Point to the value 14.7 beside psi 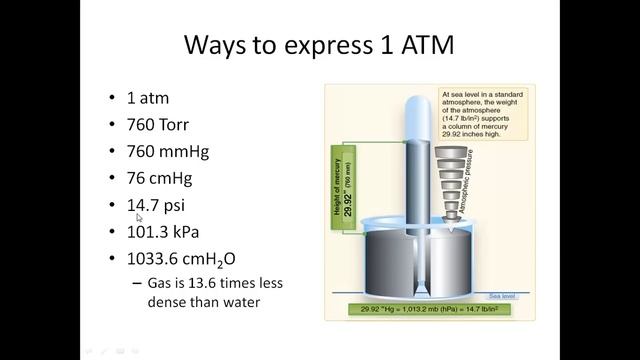(141, 205)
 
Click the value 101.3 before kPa (147, 232)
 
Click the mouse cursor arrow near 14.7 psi (139, 217)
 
